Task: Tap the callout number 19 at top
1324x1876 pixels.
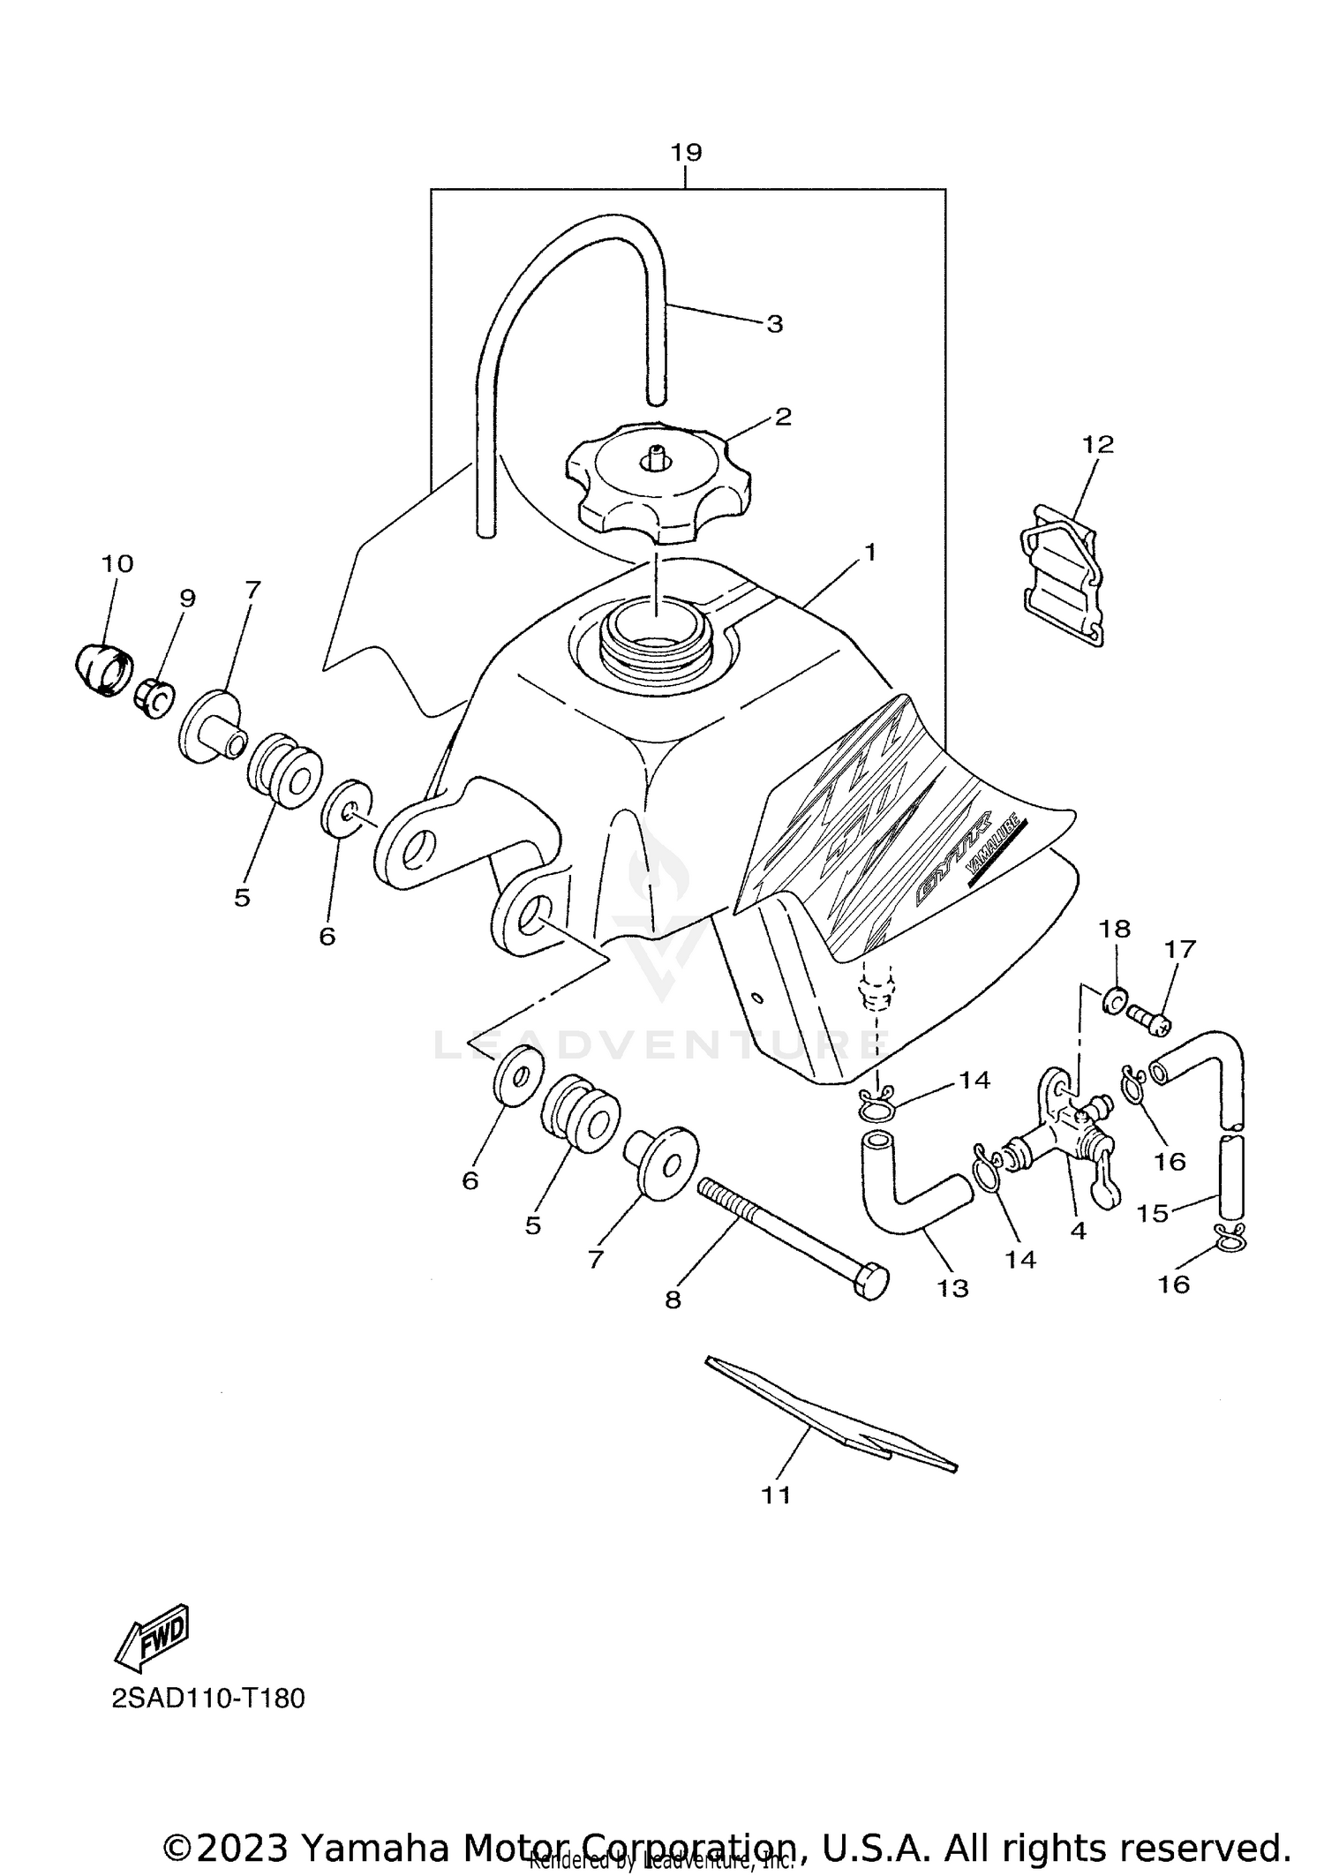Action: coord(686,153)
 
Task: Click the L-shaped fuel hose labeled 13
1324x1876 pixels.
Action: coord(909,1192)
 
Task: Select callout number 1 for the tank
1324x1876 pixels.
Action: coord(869,554)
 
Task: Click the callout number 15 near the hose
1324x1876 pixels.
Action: coord(1152,1214)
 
